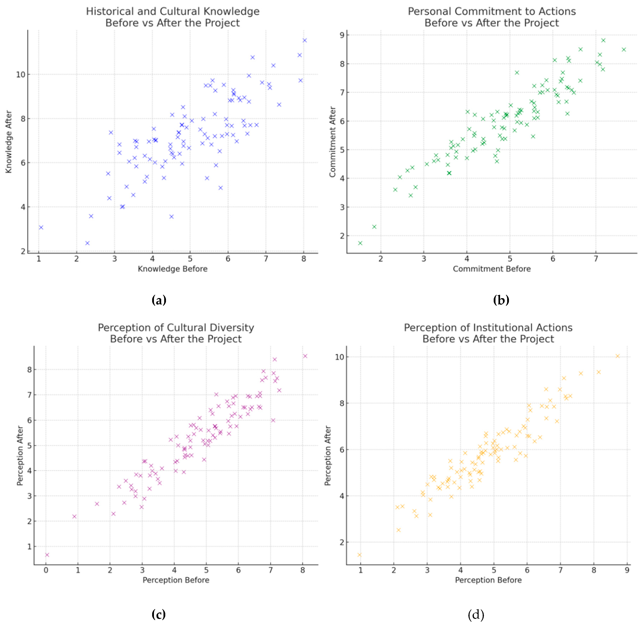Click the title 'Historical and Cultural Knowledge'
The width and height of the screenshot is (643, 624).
click(173, 12)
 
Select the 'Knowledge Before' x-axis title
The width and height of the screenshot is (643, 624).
click(173, 269)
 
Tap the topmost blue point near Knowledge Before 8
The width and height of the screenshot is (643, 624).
click(304, 40)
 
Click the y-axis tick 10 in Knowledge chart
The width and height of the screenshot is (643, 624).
click(20, 75)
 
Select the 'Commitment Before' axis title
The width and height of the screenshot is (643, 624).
click(491, 269)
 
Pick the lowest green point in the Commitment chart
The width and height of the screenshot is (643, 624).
click(360, 243)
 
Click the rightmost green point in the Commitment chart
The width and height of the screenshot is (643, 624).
click(624, 49)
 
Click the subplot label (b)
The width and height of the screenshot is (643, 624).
click(501, 300)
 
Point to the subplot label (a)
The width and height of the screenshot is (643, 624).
click(159, 300)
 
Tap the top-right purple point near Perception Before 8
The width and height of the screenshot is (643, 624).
click(305, 356)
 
